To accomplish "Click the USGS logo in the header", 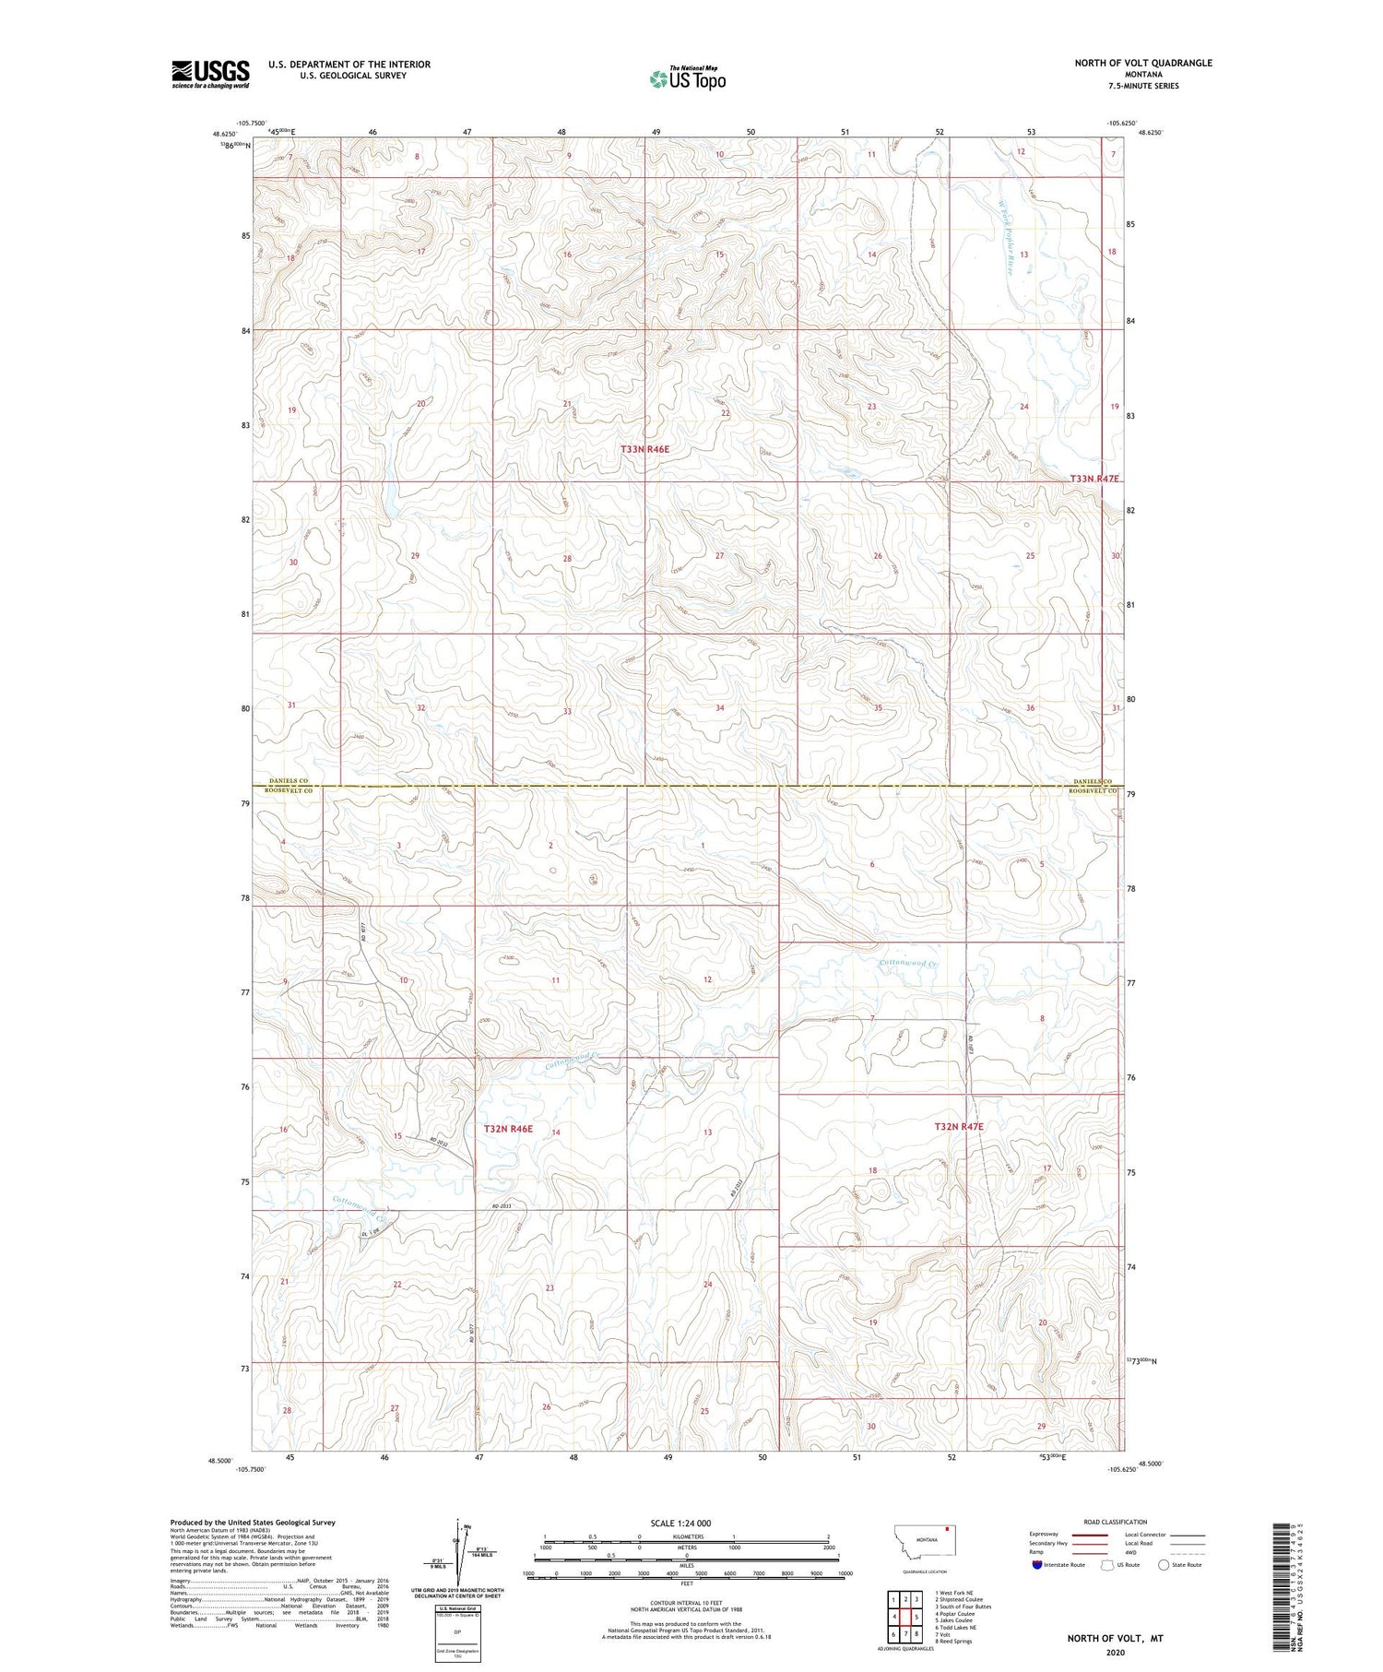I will pos(210,74).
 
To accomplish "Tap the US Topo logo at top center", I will pos(687,79).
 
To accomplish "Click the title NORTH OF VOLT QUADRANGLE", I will pos(1142,63).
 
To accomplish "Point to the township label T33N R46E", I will pos(644,449).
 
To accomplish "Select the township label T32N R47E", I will pos(959,1127).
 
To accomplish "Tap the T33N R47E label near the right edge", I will pos(1094,479).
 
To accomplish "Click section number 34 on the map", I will pos(719,708).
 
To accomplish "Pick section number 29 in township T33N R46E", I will pos(415,556).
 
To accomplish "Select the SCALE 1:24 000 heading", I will pos(686,1524).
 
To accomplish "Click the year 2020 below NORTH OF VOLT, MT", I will pos(1115,1652).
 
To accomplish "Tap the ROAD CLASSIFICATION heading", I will pos(1116,1522).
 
